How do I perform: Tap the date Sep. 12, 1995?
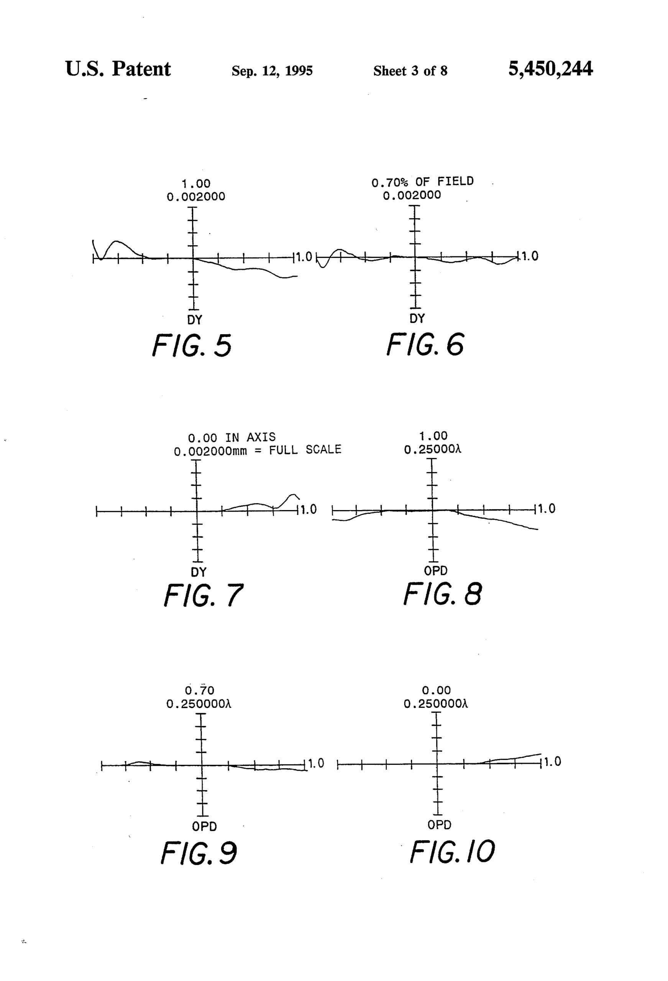click(272, 71)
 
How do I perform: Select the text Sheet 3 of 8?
click(410, 71)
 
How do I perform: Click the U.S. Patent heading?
click(118, 69)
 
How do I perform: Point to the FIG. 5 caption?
click(192, 345)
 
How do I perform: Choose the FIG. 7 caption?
click(203, 595)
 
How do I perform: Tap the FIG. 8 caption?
click(442, 594)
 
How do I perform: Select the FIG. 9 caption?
click(199, 853)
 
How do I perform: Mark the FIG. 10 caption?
click(452, 851)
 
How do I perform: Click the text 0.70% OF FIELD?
click(422, 182)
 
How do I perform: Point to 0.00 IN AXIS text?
click(232, 437)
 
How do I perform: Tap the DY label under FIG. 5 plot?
click(195, 320)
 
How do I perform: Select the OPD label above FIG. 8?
click(435, 571)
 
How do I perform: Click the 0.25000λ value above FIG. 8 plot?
click(432, 449)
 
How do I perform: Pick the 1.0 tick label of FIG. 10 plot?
click(552, 762)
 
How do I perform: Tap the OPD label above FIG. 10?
click(439, 825)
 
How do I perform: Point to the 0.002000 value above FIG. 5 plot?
click(196, 197)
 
